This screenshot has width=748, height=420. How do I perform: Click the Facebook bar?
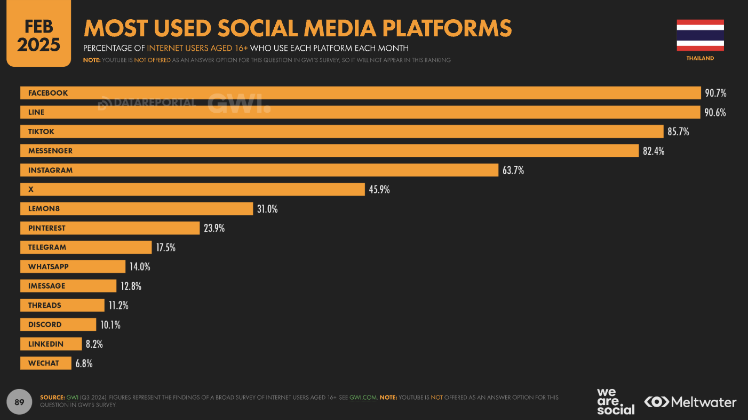point(360,93)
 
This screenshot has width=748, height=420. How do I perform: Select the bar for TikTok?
point(341,131)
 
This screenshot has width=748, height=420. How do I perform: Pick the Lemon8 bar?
point(136,208)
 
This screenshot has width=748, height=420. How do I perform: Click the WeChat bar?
point(46,363)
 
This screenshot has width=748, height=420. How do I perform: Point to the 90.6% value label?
point(715,112)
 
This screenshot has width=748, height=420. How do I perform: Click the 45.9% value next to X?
point(379,189)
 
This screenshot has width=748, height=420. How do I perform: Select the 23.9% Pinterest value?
point(214,228)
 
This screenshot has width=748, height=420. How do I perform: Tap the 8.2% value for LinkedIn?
point(94,344)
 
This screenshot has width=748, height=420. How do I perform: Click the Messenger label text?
point(50,151)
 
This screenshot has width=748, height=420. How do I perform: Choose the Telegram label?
point(47,247)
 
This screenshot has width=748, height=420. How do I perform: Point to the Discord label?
point(45,324)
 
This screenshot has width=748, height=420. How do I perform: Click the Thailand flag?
point(700,35)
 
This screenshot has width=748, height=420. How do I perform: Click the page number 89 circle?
point(19,402)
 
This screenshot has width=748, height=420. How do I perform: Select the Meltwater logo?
point(690,402)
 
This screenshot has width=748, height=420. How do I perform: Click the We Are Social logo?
point(615,402)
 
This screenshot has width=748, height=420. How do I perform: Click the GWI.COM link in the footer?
point(363,398)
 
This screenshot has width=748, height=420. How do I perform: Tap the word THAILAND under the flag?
point(700,58)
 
